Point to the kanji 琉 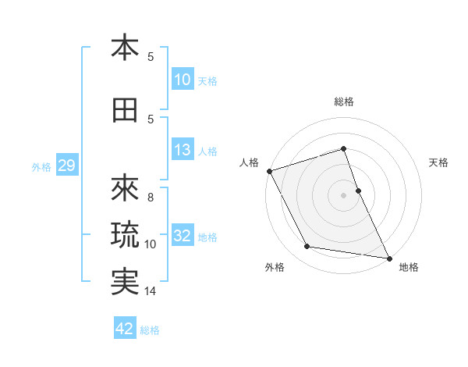pos(125,233)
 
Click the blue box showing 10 pos(183,80)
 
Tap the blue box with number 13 pos(183,151)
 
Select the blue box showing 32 pos(183,237)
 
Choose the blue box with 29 pos(66,166)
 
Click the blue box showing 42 pos(125,329)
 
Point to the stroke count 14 pos(151,291)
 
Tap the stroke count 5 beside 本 pos(151,57)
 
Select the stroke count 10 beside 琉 pos(151,244)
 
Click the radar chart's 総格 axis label pos(344,102)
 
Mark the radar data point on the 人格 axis pos(270,171)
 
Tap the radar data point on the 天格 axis pos(358,190)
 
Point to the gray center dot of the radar pos(344,194)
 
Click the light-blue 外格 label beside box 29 pos(41,166)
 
